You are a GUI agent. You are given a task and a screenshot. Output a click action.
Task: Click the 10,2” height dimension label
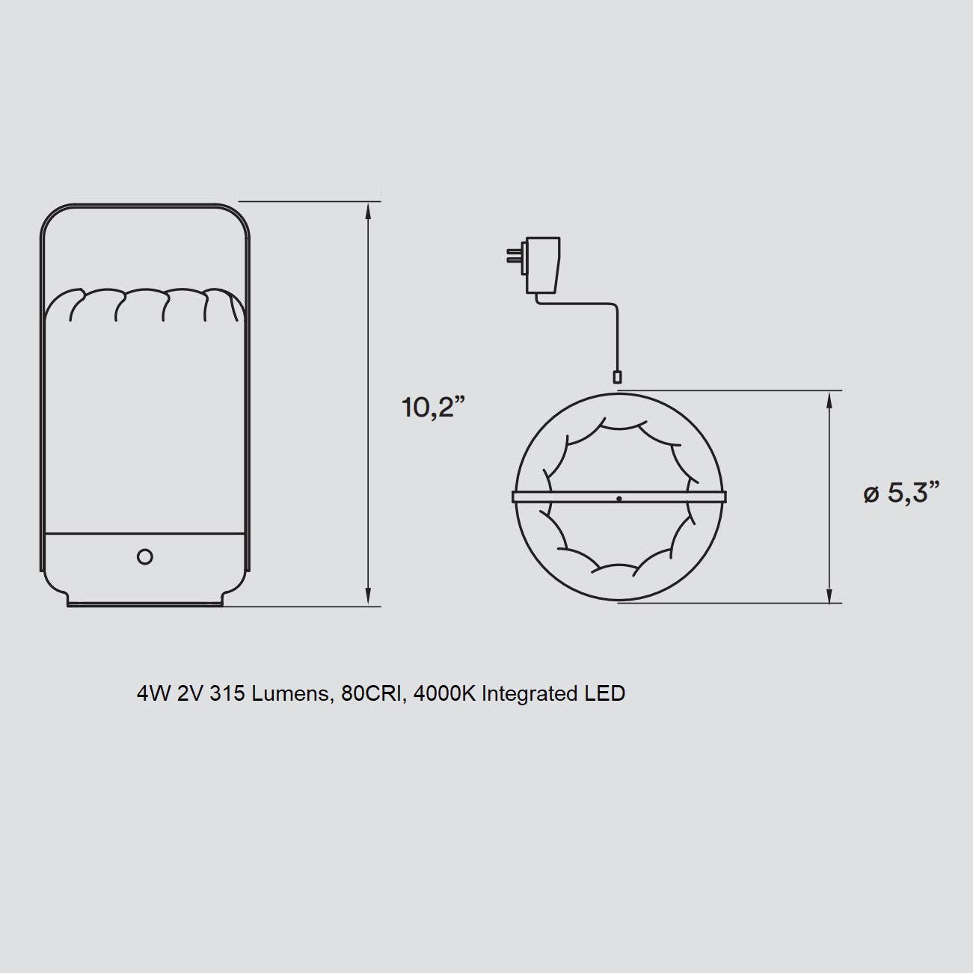tap(433, 407)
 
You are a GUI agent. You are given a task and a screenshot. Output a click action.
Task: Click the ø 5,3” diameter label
tap(901, 492)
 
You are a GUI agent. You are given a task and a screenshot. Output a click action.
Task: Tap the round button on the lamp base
tap(145, 557)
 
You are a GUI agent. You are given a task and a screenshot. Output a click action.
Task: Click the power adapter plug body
tap(543, 265)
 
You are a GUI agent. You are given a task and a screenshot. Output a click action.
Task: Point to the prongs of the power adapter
tap(516, 256)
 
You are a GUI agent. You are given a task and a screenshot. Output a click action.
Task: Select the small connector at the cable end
tap(616, 377)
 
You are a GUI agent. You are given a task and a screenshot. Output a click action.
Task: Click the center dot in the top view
tap(619, 499)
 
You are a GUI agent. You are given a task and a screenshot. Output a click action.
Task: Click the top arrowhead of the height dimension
tap(369, 211)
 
